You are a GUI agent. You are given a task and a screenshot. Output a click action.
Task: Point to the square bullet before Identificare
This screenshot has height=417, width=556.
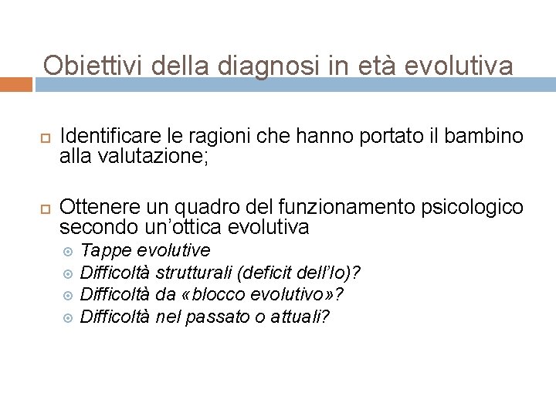click(x=43, y=137)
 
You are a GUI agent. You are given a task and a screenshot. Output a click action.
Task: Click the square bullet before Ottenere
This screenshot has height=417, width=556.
click(x=43, y=208)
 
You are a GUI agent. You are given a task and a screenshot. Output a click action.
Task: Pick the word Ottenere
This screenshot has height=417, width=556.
click(x=97, y=207)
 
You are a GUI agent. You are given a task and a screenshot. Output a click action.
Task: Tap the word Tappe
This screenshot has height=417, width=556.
click(x=101, y=250)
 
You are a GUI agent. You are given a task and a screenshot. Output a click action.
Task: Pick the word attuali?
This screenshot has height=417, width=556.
click(x=299, y=317)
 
